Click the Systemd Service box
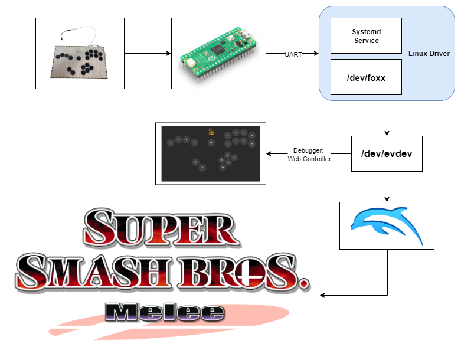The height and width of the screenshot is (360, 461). tap(366, 35)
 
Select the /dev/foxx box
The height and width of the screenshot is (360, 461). tap(366, 77)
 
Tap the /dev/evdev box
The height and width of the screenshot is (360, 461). tap(387, 153)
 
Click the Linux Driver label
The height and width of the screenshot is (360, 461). tap(429, 54)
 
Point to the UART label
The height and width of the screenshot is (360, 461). tap(293, 54)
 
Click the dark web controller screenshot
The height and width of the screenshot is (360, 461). tap(211, 153)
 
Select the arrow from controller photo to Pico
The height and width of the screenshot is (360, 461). tap(148, 54)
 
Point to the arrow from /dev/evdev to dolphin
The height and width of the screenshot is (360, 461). tap(387, 186)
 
